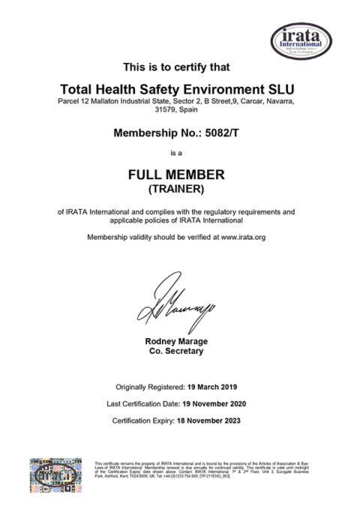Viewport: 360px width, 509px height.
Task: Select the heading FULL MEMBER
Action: click(x=179, y=174)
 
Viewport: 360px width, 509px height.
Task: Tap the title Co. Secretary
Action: click(x=178, y=351)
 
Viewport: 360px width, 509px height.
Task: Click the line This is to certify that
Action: click(x=179, y=65)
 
